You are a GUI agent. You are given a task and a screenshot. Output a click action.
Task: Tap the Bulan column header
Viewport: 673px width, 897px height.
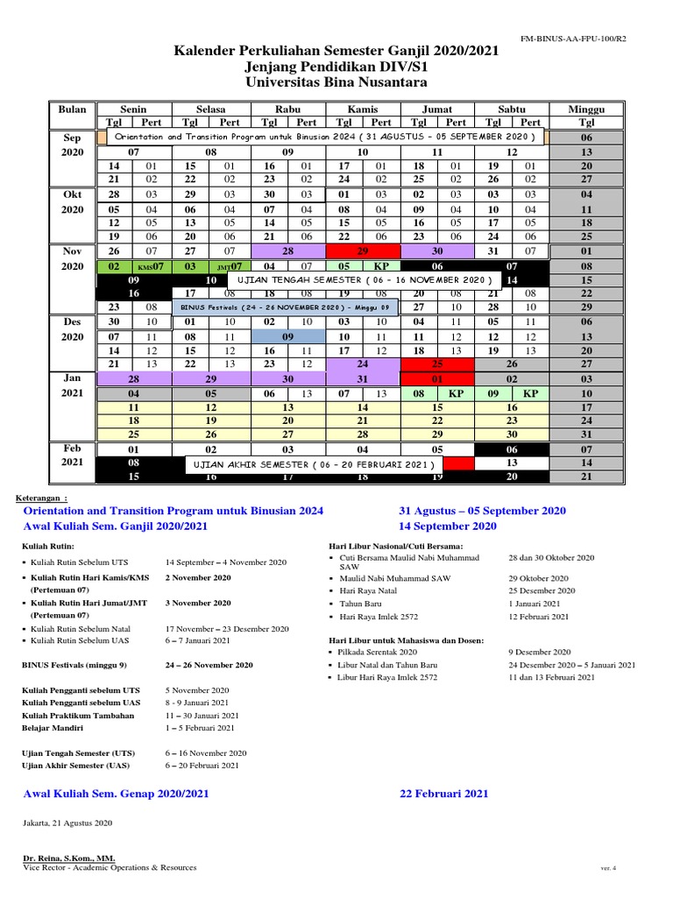coord(72,109)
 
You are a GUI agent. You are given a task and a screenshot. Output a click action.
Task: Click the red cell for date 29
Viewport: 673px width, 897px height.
coord(363,251)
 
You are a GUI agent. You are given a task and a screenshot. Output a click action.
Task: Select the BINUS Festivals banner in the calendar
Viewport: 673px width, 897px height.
coord(286,307)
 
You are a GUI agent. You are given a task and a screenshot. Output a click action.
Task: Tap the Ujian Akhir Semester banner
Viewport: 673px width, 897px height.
coord(311,463)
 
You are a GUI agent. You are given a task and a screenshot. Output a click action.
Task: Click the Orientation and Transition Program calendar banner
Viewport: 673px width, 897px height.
coord(324,138)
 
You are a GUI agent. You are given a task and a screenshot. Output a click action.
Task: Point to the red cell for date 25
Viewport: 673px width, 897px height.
coord(437,364)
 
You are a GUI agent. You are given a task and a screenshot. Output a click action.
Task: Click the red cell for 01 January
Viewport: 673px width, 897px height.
coord(437,378)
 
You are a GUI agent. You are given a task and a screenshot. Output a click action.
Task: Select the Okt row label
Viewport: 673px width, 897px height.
coord(72,194)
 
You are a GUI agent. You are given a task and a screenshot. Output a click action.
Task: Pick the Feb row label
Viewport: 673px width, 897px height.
coord(72,448)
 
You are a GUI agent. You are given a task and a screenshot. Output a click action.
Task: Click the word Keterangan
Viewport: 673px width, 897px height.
coord(42,497)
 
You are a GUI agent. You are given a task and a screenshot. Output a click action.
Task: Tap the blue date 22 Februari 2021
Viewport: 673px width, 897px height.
coord(443,794)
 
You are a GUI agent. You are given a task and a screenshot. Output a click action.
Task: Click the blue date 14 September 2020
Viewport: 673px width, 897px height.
coord(447,526)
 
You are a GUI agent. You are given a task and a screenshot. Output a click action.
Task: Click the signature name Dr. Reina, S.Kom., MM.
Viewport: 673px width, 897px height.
coord(67,858)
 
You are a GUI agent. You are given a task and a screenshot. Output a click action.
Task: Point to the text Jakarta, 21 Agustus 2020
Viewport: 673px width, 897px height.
coord(67,823)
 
